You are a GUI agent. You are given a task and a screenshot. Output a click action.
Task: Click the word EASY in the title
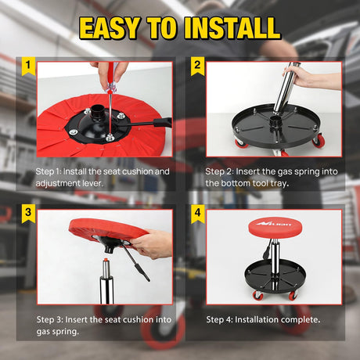(109, 28)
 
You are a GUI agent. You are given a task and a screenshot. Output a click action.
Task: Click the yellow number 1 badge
(28, 66)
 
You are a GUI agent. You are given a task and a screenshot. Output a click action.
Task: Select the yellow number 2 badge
(197, 66)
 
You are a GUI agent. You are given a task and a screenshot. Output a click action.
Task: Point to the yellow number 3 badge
(28, 213)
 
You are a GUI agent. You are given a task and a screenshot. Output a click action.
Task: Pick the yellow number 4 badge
(197, 213)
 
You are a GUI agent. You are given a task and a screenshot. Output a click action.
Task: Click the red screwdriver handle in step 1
(111, 77)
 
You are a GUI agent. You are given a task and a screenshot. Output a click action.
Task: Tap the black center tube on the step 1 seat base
(96, 113)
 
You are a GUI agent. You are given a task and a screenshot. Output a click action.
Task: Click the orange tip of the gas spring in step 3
(105, 260)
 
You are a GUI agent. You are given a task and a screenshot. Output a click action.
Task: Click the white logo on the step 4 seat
(273, 223)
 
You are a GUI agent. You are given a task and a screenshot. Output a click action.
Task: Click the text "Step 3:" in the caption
(50, 320)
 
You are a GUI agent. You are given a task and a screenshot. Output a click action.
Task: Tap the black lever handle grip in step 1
(163, 122)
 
